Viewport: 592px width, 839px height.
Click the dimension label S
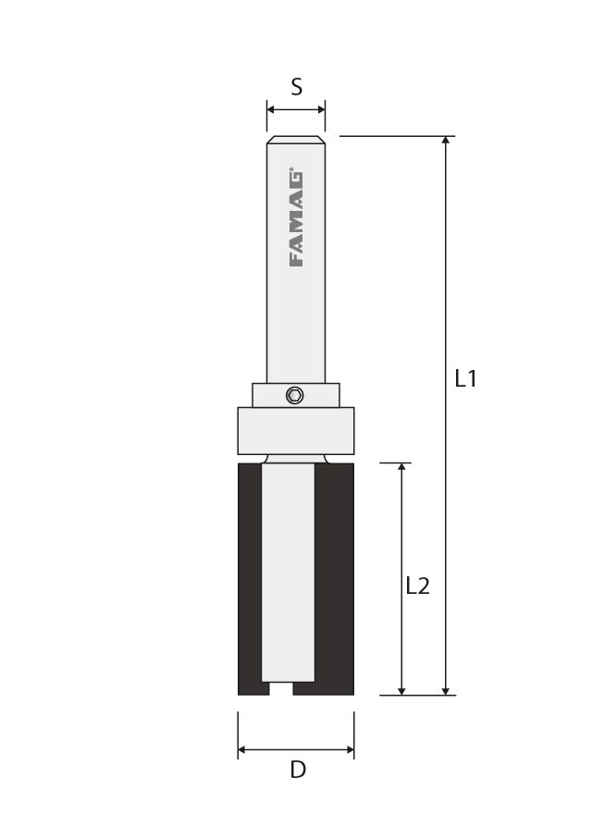(x=296, y=87)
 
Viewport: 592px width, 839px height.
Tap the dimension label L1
(x=465, y=378)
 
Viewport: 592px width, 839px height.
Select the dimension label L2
(x=417, y=586)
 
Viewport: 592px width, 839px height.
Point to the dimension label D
(x=298, y=770)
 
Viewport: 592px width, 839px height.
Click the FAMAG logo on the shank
(x=297, y=218)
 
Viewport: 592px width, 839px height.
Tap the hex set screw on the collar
(x=294, y=395)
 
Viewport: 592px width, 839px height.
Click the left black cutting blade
(x=251, y=579)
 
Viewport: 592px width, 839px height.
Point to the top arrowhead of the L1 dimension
(x=445, y=141)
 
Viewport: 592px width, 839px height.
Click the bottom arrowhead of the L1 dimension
(x=445, y=690)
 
